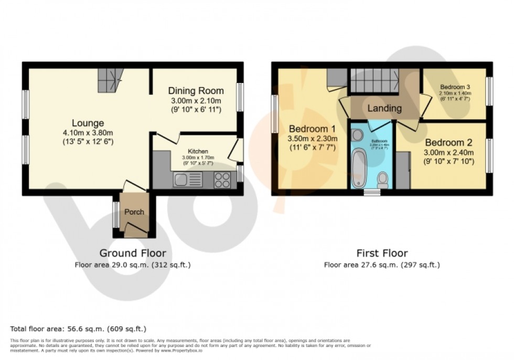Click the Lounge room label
click(x=88, y=123)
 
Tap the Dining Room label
click(x=196, y=91)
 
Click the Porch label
click(x=134, y=212)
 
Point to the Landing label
click(x=384, y=109)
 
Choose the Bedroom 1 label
click(x=313, y=129)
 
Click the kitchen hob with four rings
click(x=222, y=180)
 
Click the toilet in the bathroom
click(x=382, y=180)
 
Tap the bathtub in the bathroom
click(x=359, y=168)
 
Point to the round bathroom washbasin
click(x=357, y=135)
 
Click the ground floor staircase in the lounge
click(x=110, y=80)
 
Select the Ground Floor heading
click(x=133, y=253)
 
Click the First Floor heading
click(x=381, y=253)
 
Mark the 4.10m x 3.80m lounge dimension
click(x=88, y=133)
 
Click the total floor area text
click(x=78, y=329)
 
